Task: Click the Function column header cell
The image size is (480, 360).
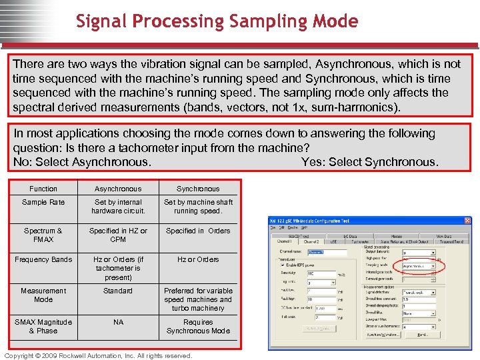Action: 43,189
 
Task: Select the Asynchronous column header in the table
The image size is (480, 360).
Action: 118,189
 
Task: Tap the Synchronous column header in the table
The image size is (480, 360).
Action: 198,189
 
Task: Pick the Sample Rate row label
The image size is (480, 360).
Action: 43,202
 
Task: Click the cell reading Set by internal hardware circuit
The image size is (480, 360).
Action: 118,207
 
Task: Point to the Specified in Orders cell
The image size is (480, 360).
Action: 198,231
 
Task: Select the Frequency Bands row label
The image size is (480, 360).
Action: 43,259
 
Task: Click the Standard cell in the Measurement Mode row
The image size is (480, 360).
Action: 118,291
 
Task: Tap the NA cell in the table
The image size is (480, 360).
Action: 118,322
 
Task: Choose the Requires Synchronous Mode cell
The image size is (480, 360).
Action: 198,326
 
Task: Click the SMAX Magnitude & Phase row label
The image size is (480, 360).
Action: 43,326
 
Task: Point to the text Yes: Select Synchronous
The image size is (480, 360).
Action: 369,162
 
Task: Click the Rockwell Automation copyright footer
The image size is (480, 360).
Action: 98,355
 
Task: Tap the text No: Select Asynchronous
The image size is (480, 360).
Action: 82,162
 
